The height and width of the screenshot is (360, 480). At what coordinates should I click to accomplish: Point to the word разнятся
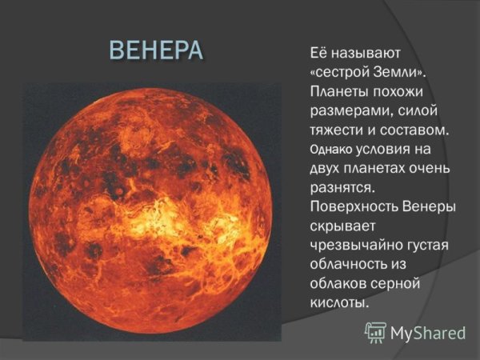click(342, 188)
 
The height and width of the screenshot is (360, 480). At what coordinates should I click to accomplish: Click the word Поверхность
click(351, 207)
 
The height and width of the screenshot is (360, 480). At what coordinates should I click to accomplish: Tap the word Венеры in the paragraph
click(426, 207)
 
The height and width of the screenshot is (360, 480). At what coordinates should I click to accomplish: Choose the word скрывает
click(340, 226)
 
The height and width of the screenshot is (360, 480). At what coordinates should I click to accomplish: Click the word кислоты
click(338, 303)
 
